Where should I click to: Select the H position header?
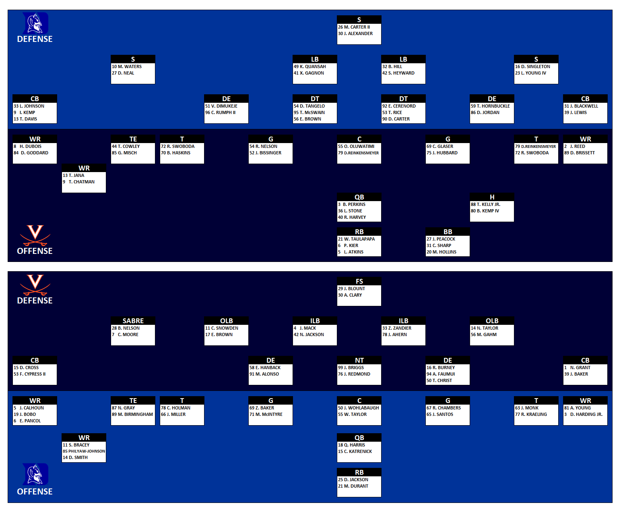[492, 197]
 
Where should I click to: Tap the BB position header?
[448, 232]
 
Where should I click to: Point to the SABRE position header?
[133, 321]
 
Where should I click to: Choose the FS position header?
[359, 281]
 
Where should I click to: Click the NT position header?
[359, 360]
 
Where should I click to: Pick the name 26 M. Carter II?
[354, 27]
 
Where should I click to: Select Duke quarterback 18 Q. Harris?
[351, 445]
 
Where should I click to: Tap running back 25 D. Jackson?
[353, 480]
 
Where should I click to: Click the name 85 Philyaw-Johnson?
[84, 451]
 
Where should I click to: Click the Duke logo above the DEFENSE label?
[35, 23]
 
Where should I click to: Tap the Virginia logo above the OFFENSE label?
[35, 235]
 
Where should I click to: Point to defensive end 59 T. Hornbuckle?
[490, 106]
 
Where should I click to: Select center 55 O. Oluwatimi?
[356, 146]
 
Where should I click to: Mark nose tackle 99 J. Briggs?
[351, 368]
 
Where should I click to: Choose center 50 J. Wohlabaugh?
[358, 408]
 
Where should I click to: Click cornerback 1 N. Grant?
[577, 368]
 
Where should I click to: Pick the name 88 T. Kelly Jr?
[486, 204]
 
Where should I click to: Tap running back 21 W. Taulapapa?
[356, 239]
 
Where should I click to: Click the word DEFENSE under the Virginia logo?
[35, 301]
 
